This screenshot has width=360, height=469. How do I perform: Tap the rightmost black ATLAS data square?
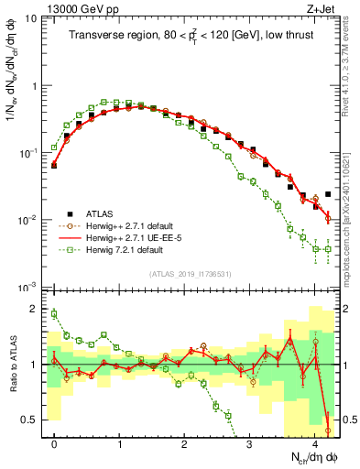(328, 194)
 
